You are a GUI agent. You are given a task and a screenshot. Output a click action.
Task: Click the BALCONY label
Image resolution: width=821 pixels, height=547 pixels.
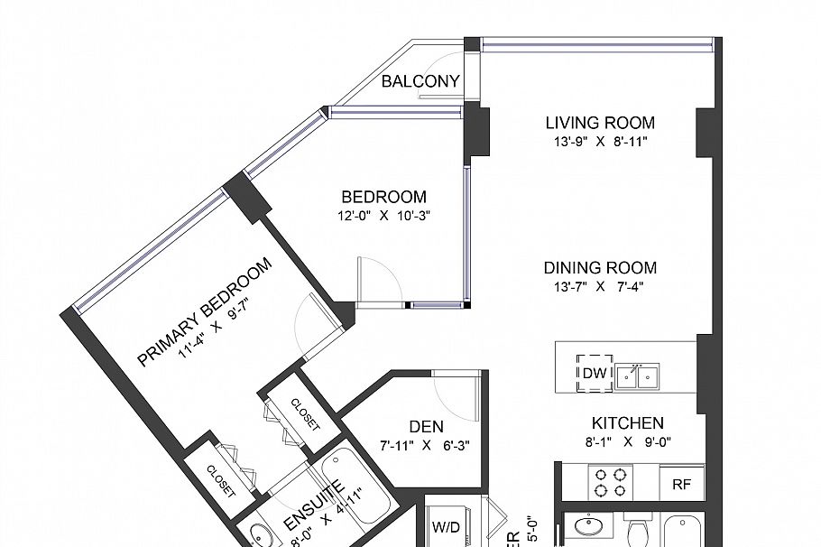[420, 82]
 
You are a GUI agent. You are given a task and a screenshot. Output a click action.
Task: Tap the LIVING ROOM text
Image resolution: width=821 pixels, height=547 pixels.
[600, 123]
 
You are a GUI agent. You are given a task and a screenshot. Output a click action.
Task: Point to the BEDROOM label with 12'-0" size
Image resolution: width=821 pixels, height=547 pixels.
[383, 197]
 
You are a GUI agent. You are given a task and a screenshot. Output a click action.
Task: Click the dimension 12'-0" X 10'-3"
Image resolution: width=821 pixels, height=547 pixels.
[383, 216]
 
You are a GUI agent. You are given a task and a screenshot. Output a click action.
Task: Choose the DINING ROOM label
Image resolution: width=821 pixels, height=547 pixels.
[600, 268]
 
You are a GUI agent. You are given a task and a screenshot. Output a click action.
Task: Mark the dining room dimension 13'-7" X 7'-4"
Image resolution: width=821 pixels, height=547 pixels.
[600, 287]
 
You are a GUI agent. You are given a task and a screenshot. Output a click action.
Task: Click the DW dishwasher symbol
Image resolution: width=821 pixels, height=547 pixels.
[595, 374]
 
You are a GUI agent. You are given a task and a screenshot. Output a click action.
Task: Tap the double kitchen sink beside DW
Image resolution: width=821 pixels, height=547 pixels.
[639, 375]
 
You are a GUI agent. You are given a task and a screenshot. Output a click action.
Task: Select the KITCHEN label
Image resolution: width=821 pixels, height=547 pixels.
[628, 423]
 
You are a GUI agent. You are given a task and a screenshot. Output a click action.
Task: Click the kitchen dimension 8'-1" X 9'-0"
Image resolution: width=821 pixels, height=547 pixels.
[628, 442]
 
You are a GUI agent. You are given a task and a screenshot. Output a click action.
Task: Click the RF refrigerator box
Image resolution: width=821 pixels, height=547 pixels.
[681, 484]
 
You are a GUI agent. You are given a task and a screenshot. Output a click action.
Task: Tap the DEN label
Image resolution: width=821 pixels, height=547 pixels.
[424, 427]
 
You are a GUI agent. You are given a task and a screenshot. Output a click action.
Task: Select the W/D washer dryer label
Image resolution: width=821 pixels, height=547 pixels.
[445, 527]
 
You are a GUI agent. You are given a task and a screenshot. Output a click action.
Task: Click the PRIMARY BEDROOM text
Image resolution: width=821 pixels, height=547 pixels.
[205, 311]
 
